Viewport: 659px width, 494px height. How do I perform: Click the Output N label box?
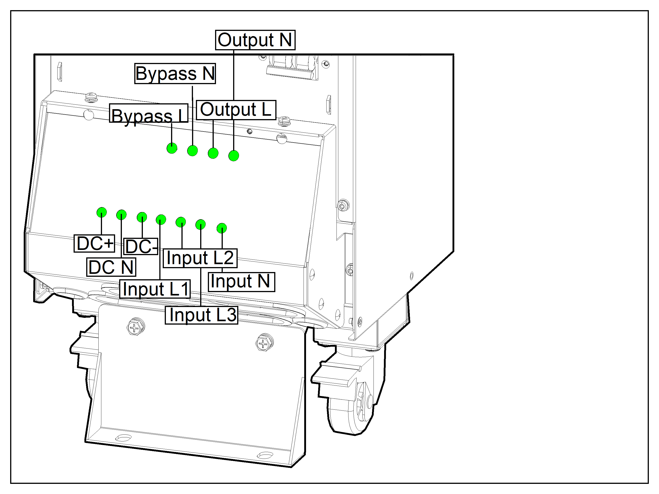255,40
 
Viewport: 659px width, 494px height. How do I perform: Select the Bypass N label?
175,74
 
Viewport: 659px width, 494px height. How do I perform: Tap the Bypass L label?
149,113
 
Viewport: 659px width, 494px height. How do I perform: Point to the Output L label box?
236,110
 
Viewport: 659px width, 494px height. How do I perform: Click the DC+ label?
94,243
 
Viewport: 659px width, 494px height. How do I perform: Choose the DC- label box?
141,246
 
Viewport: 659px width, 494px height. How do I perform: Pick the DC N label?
111,267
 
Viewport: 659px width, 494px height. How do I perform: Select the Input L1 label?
155,289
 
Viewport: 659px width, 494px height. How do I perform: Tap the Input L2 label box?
200,258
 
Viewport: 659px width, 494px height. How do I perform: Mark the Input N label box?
241,282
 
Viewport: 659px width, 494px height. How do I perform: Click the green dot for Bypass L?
172,148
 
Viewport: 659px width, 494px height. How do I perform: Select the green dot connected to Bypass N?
193,151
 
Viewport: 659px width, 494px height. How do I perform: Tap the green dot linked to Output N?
234,156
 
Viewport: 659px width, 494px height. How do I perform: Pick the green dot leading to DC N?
121,215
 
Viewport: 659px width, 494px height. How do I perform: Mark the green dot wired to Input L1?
161,220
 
